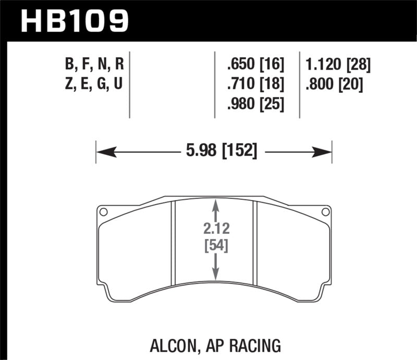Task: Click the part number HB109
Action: click(x=73, y=21)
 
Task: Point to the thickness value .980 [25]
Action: click(x=255, y=104)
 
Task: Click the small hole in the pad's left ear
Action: click(x=103, y=212)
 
